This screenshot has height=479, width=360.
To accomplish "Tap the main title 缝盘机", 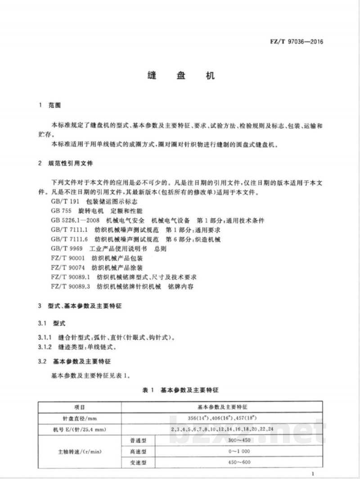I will coord(180,76).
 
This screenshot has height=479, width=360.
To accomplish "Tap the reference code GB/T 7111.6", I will coord(71,239).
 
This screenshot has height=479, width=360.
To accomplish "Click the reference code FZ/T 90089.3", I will coord(71,286).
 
